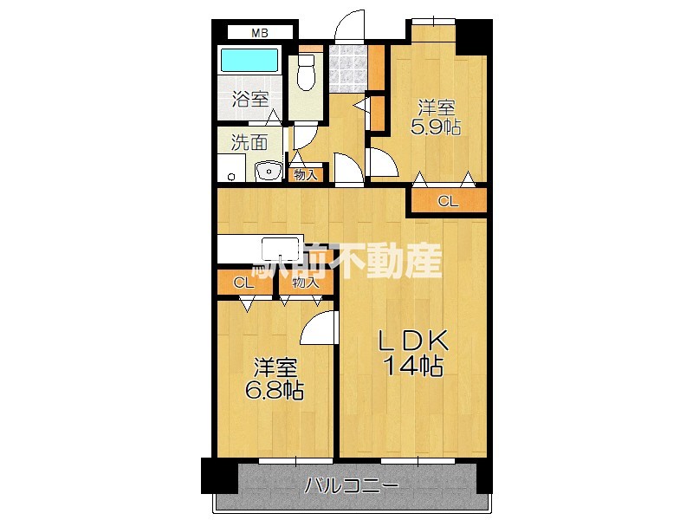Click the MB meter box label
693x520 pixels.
pos(259,33)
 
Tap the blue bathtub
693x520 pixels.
pos(249,62)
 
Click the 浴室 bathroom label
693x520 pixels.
pos(250,100)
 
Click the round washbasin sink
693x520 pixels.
pos(269,170)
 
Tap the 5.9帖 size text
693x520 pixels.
pos(437,127)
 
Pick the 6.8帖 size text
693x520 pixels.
pos(273,390)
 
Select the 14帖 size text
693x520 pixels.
pos(414,367)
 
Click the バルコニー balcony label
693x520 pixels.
pos(351,485)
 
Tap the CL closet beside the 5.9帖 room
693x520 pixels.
pos(447,202)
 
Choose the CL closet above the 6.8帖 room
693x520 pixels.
pos(243,283)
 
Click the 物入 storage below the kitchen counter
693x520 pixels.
pos(306,283)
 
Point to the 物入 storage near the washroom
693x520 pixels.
pos(305,174)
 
